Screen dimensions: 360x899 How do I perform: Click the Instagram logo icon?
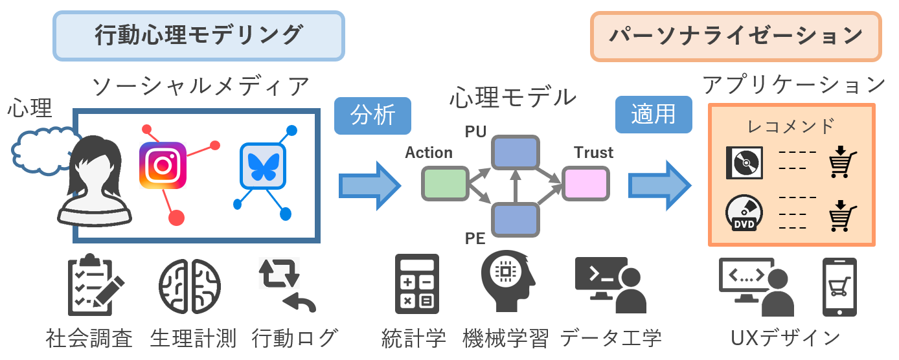(163, 165)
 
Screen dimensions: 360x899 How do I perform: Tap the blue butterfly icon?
(262, 166)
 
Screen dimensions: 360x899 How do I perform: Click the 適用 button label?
(654, 115)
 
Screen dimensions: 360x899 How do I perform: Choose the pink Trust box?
(586, 183)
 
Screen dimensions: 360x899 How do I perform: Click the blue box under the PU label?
(515, 153)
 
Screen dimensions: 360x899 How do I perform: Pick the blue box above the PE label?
(515, 219)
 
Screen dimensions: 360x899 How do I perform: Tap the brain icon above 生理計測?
(189, 285)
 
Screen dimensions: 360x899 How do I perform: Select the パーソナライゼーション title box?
(736, 36)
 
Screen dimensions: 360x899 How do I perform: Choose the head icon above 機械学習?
(507, 281)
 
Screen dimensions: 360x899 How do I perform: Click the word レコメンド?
(791, 126)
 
